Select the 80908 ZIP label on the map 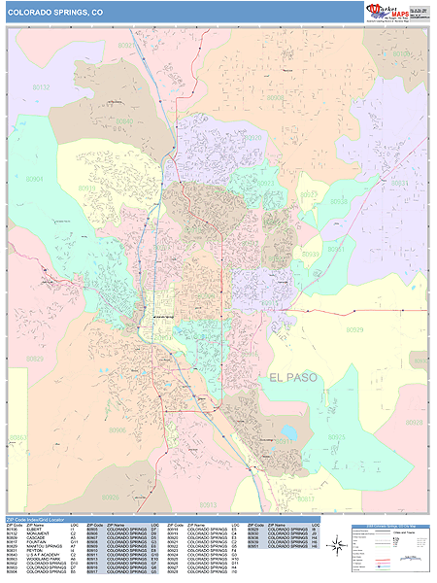276,98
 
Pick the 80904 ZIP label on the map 35,180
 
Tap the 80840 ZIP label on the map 124,121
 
